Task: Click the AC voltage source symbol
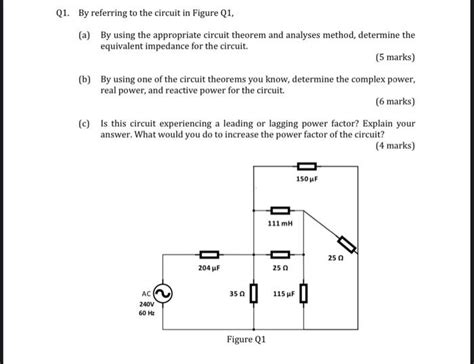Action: [162, 293]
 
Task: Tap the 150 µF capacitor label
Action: [307, 178]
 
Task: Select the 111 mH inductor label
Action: [280, 224]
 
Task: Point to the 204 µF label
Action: [208, 268]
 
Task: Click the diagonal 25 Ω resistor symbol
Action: [347, 244]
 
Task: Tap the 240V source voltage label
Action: [146, 303]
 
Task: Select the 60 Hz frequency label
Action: [146, 314]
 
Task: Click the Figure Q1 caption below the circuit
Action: [246, 339]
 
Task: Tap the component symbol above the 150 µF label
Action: [307, 166]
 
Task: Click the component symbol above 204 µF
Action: [209, 255]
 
